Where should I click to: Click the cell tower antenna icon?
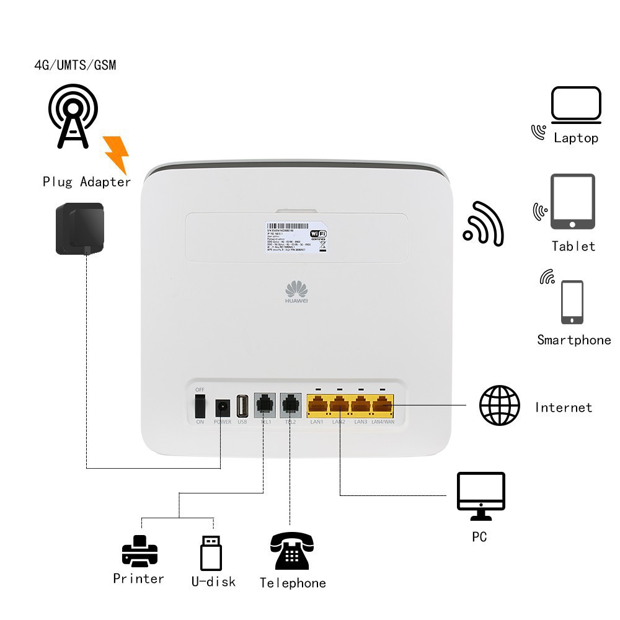click(x=73, y=115)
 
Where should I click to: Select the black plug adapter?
click(x=79, y=228)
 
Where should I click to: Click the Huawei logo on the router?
click(x=296, y=292)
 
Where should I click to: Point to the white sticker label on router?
click(x=297, y=236)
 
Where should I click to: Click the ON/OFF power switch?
click(x=200, y=407)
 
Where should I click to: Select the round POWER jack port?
click(x=222, y=408)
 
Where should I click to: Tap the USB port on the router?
click(x=242, y=407)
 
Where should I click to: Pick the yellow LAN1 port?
click(x=317, y=407)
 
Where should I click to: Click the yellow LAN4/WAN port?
click(x=382, y=407)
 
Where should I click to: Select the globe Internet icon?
click(x=500, y=405)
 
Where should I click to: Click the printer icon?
click(x=139, y=551)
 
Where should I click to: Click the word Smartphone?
click(x=573, y=340)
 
